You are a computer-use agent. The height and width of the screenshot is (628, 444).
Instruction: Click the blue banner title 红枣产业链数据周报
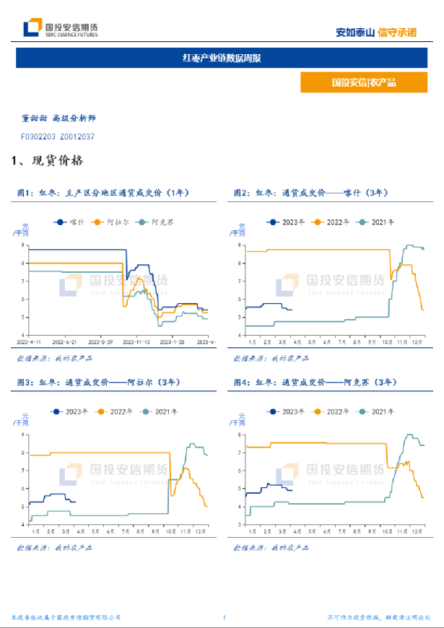click(222, 58)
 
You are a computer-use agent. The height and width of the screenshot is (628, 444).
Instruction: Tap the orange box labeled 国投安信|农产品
click(364, 82)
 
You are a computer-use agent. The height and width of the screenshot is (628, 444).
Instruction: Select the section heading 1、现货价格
click(48, 160)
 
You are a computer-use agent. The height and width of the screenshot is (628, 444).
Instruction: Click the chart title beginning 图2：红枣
click(310, 193)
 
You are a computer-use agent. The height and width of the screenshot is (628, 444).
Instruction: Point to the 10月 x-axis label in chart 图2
click(387, 341)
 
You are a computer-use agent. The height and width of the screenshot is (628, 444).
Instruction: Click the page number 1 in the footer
click(225, 618)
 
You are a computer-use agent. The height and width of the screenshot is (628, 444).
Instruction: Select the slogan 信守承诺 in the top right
click(397, 32)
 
